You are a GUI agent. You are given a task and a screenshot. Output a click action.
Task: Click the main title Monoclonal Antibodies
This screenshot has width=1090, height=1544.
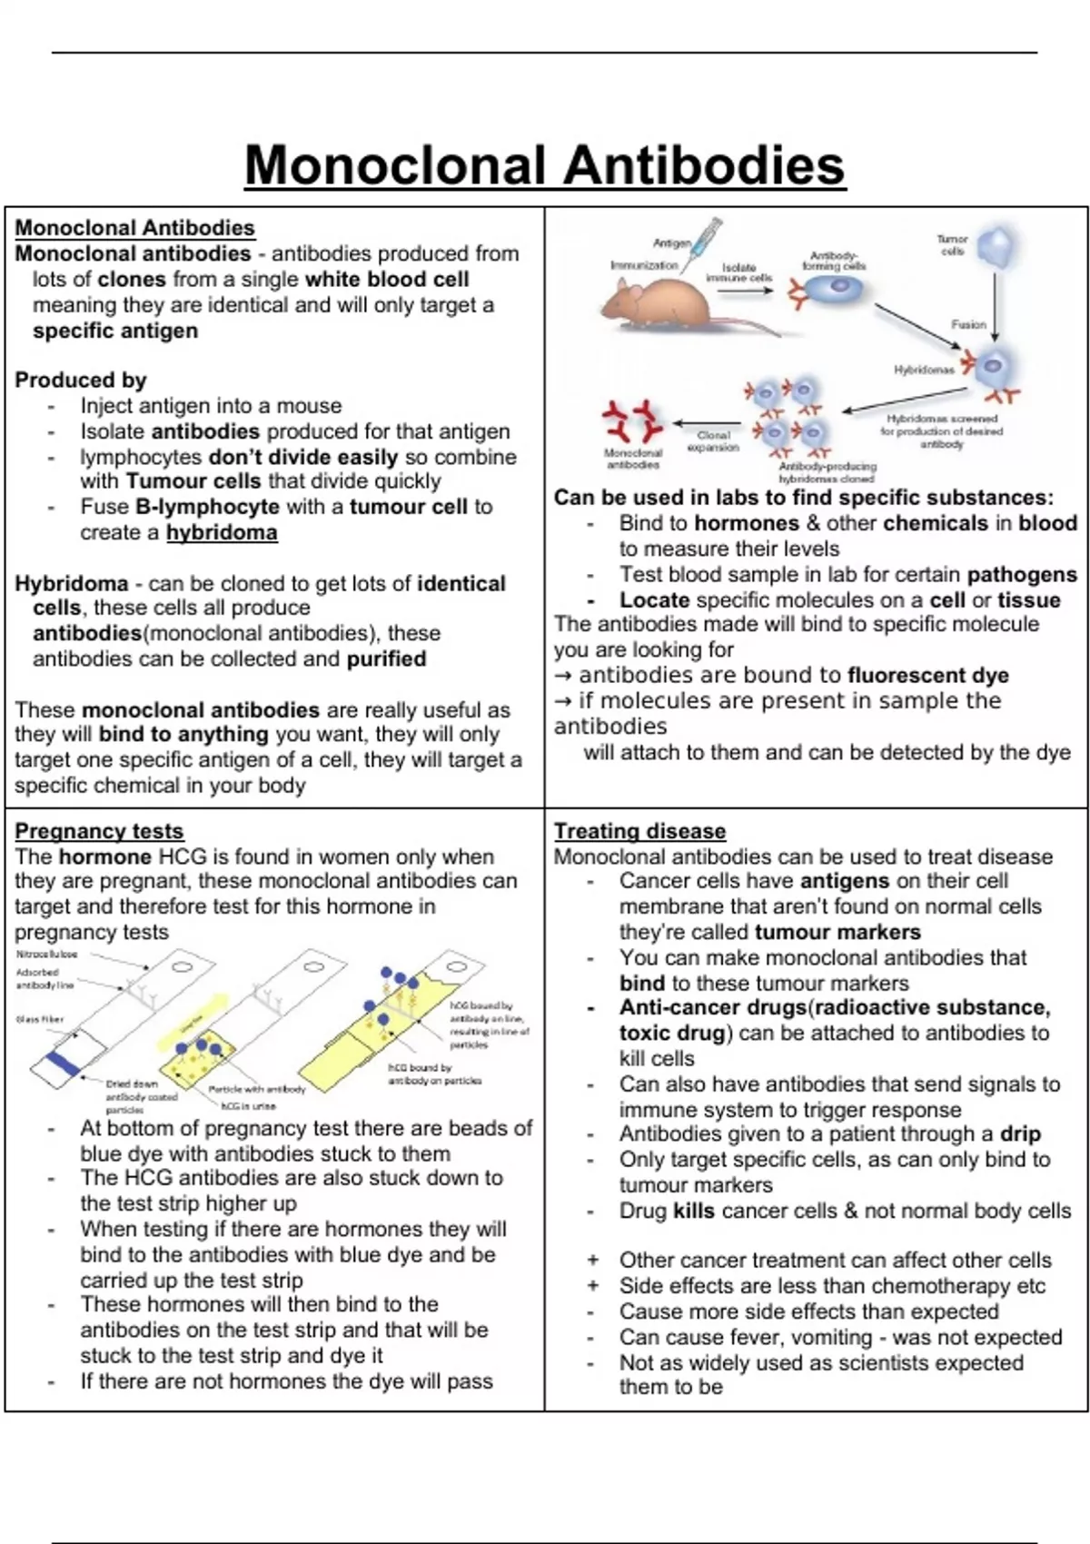(545, 165)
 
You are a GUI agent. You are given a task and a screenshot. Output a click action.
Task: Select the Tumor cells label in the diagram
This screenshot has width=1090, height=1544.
(952, 244)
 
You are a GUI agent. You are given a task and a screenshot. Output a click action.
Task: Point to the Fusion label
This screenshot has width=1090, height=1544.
(968, 324)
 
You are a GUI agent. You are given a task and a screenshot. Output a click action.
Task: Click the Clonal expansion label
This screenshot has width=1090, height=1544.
(713, 441)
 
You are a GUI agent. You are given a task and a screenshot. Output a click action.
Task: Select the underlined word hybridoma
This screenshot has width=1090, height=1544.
(222, 532)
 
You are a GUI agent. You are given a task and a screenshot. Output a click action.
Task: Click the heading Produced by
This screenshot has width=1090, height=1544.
(80, 380)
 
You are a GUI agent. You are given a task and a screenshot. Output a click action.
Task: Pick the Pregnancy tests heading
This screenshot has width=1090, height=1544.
(99, 831)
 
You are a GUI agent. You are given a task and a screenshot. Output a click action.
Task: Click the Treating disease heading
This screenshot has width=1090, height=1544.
(639, 831)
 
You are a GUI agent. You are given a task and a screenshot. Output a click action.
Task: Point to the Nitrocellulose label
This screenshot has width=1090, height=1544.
(46, 955)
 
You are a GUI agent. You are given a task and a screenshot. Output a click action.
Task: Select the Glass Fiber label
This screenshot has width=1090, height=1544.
(40, 1020)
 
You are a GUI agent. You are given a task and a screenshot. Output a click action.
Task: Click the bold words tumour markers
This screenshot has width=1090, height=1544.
(837, 932)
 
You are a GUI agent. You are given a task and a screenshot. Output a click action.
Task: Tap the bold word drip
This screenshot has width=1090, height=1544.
(1020, 1133)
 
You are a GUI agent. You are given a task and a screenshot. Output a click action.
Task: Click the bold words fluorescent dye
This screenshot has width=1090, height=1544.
(927, 676)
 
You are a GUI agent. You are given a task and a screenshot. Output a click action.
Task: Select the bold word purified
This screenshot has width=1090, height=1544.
(386, 658)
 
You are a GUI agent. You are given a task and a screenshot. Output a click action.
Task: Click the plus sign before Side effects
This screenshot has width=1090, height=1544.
(593, 1286)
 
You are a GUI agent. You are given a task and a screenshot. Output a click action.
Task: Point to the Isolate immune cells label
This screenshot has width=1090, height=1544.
(738, 272)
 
